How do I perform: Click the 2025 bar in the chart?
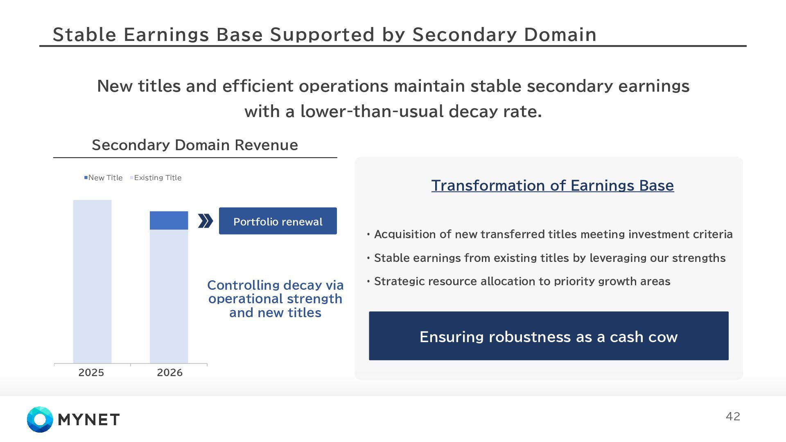click(92, 282)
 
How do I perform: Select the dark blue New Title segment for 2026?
click(169, 220)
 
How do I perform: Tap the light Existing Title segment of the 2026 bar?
click(169, 296)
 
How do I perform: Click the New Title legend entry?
click(103, 178)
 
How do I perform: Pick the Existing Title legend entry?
click(156, 178)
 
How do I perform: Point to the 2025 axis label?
click(91, 372)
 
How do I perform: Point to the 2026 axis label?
click(169, 372)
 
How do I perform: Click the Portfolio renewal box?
click(278, 221)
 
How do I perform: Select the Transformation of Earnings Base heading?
click(553, 185)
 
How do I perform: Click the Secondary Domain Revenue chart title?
click(195, 145)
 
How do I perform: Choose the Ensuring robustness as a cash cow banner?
click(549, 336)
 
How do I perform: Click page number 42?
click(733, 416)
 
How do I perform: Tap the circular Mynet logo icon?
click(40, 419)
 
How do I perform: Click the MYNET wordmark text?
click(89, 419)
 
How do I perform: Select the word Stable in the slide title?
click(85, 34)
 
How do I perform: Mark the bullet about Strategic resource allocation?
click(519, 281)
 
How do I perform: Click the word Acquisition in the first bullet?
click(405, 235)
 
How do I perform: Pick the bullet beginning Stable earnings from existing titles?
click(546, 258)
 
